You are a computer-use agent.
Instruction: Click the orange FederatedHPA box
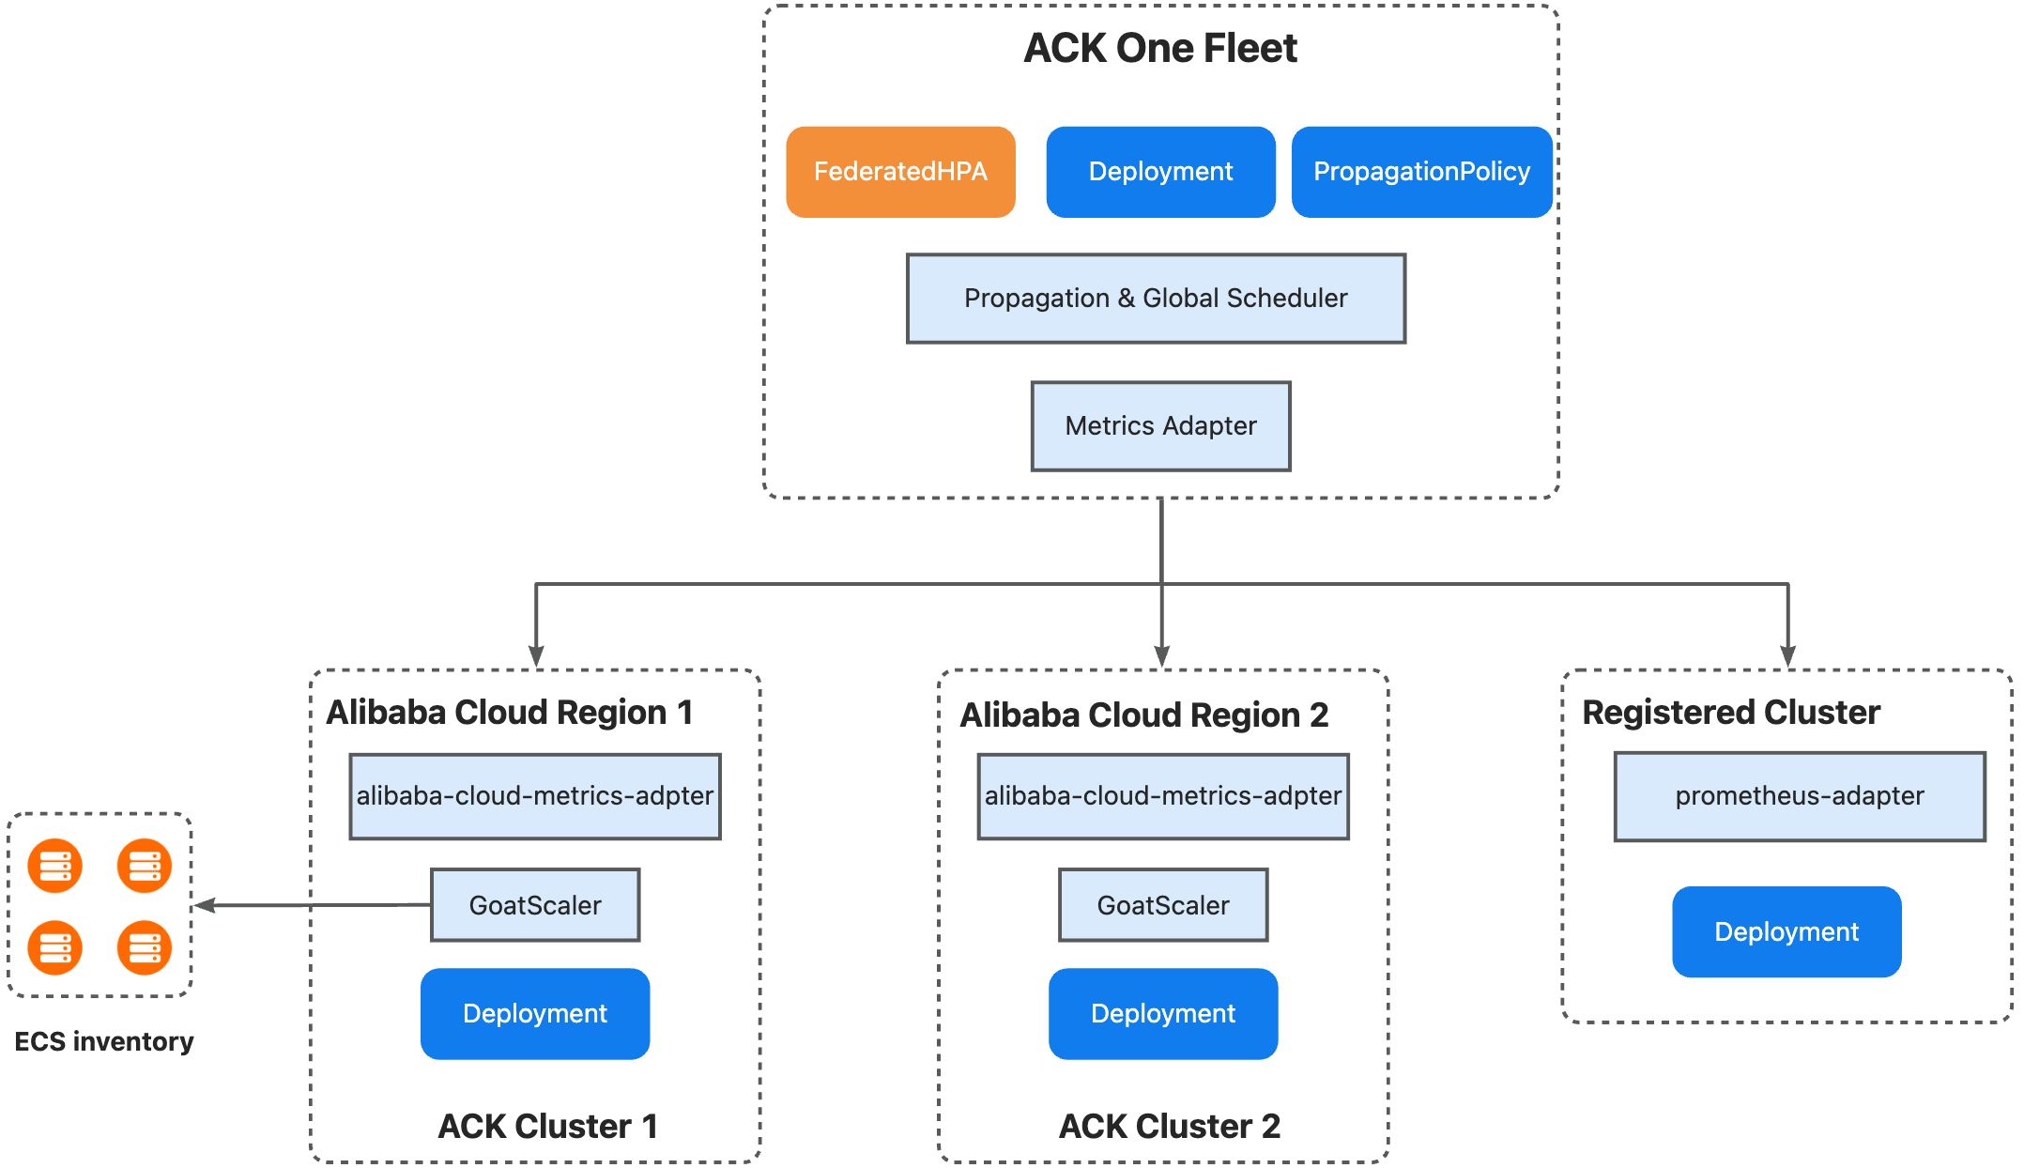[900, 172]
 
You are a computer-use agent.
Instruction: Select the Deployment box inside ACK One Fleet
[1160, 172]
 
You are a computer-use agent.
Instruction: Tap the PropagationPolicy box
[1421, 172]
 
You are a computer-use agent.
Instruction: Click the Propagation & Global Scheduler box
[1156, 299]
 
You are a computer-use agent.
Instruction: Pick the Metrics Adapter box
[1160, 426]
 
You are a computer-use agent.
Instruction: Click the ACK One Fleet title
[1160, 48]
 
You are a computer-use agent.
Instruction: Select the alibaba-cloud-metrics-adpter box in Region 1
[535, 796]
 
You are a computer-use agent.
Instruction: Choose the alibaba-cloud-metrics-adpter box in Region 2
[1163, 796]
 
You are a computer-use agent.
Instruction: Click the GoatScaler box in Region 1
[535, 905]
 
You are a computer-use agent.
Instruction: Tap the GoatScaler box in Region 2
[1163, 905]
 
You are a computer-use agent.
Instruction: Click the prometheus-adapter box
[1800, 796]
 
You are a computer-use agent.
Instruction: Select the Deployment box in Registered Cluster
[1786, 931]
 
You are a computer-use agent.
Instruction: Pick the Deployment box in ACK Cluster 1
[535, 1014]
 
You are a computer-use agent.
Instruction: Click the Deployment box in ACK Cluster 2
[1163, 1014]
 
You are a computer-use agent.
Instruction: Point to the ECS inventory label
[104, 1041]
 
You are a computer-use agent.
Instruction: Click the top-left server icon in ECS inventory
[55, 866]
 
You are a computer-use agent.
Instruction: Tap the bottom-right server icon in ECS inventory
[145, 948]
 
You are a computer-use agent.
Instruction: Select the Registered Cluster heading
[1731, 713]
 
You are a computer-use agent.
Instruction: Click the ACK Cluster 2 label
[1170, 1126]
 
